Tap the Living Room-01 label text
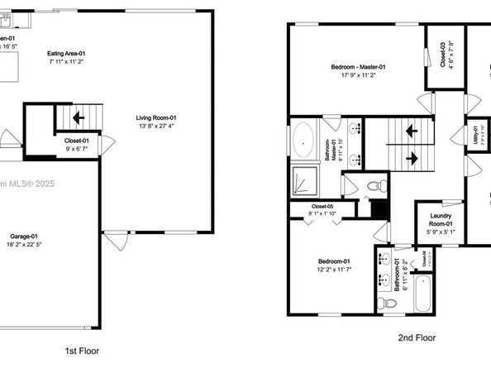156,117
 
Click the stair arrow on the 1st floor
79,117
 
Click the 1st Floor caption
82,351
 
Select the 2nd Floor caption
417,338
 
